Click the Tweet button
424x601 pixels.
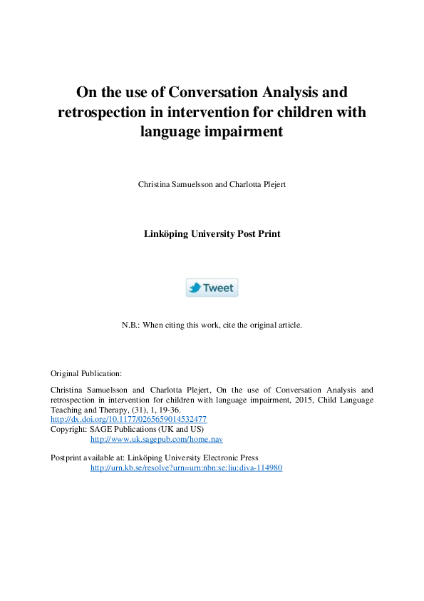[x=212, y=288]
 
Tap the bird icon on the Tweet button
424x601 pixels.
[x=195, y=288]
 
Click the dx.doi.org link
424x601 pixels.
[x=128, y=419]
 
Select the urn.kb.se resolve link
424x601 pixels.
[x=186, y=468]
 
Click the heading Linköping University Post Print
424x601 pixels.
[x=212, y=233]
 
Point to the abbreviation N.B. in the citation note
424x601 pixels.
[x=130, y=325]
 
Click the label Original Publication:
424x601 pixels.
[x=86, y=373]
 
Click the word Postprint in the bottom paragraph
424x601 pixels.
[x=67, y=458]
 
